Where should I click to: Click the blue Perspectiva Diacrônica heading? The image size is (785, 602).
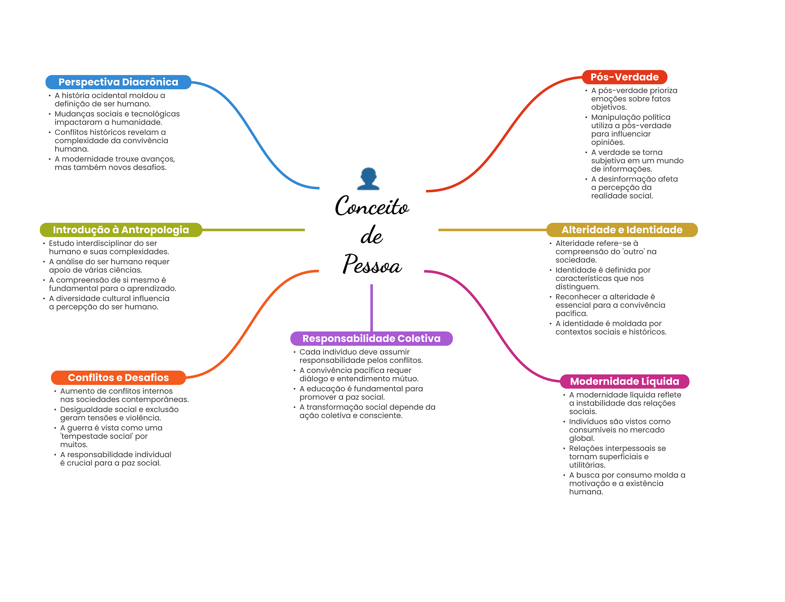coord(118,82)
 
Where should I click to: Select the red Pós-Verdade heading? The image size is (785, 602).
coord(624,77)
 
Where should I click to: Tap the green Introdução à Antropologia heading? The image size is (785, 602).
coord(121,230)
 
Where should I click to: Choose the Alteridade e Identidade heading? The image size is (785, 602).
coord(622,230)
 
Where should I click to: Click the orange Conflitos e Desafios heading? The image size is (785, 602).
coord(118,378)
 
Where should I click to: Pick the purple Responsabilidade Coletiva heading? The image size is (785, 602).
coord(371,338)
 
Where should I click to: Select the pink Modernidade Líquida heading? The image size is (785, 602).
coord(624,381)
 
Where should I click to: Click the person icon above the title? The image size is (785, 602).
coord(368,179)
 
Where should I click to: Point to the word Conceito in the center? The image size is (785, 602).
coord(372,206)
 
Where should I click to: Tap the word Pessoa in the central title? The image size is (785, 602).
coord(372,264)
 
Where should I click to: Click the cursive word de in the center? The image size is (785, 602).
coord(371,235)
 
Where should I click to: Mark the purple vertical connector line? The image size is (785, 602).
coord(371,307)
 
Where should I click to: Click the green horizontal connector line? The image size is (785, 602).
coord(253,230)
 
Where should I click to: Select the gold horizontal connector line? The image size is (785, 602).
coord(492,230)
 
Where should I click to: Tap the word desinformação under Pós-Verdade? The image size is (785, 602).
coord(627,179)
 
